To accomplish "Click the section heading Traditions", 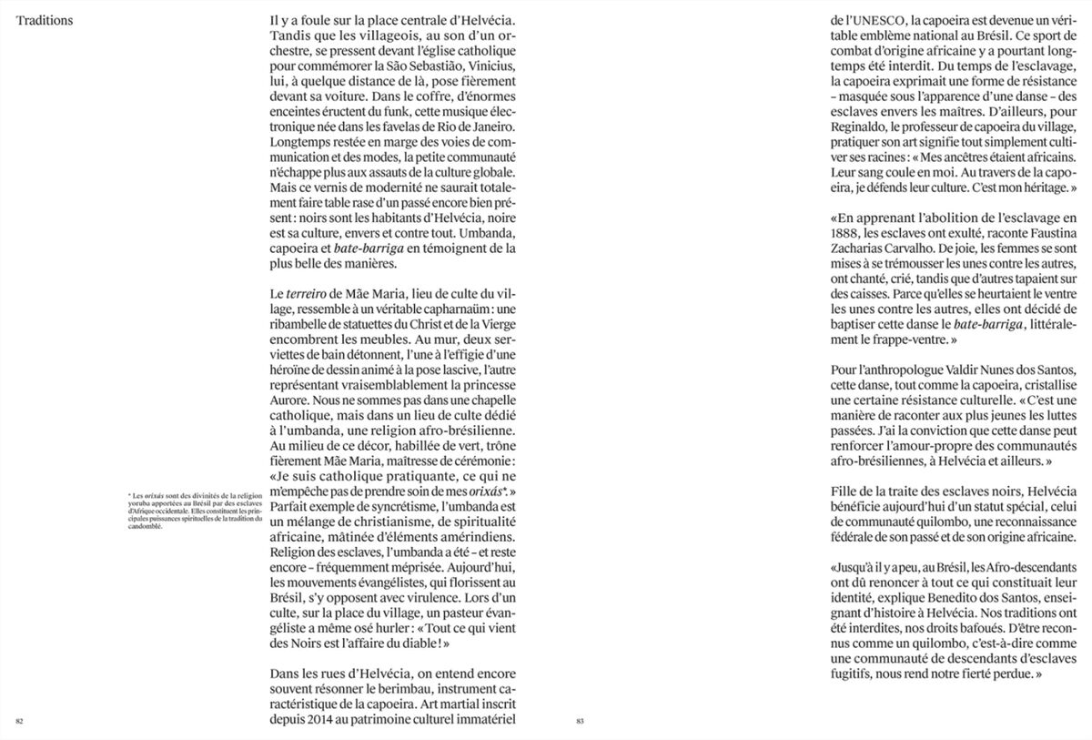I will (x=45, y=21).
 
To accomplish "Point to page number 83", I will (x=579, y=721).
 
